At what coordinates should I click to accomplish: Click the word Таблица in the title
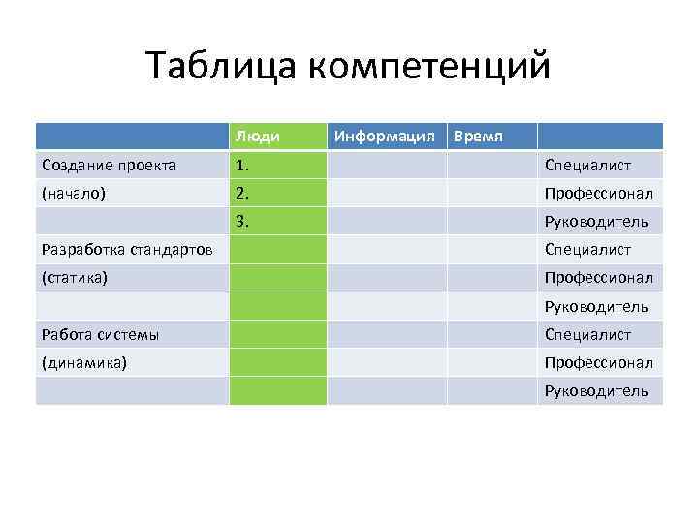point(220,67)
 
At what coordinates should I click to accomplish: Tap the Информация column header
point(384,137)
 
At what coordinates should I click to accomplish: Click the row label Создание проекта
point(109,166)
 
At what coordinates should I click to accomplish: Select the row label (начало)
point(74,193)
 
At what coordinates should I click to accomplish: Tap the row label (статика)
point(75,278)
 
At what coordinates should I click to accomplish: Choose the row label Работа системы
point(101,335)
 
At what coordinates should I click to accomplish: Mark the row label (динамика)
point(84,363)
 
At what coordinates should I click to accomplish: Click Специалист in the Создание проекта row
point(587,166)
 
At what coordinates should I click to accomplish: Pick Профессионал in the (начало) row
point(598,193)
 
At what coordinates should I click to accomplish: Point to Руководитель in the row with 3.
point(596,222)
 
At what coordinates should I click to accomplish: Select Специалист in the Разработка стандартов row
point(587,250)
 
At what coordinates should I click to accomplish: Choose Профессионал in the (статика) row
point(598,278)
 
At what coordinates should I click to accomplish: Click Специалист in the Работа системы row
point(587,335)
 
